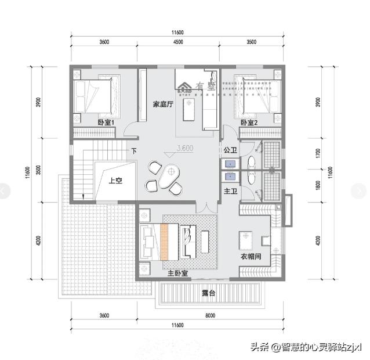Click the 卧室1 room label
tap(106, 123)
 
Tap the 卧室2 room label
tap(249, 123)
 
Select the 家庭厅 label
tap(164, 105)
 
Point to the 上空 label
tap(116, 181)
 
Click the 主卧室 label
tap(177, 273)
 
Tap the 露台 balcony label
tap(209, 294)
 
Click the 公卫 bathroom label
tap(230, 150)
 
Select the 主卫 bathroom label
tap(230, 190)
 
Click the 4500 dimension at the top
tap(177, 42)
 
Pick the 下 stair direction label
tap(134, 151)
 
